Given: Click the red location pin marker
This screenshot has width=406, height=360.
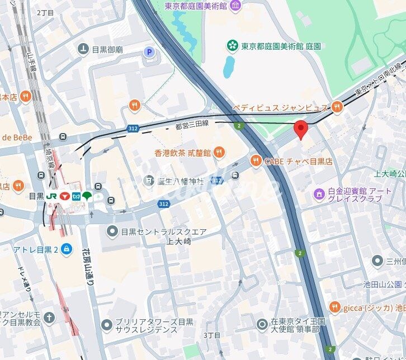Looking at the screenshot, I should click(301, 129).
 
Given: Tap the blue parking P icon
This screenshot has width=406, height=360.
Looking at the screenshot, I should click(149, 53).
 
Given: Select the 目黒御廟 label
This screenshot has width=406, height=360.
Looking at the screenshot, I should click(107, 49).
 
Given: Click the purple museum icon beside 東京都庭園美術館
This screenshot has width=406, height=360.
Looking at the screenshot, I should click(235, 6).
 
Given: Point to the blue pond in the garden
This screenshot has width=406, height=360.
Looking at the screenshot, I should click(229, 67).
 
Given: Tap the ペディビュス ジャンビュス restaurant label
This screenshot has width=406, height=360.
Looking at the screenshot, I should click(280, 107).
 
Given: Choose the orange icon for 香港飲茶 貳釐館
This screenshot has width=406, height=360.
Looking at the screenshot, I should click(219, 152).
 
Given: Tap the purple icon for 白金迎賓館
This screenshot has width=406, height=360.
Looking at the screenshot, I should click(319, 193).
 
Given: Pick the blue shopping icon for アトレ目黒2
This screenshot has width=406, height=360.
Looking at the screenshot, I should click(67, 249).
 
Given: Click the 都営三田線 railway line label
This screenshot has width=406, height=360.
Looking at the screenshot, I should click(192, 126).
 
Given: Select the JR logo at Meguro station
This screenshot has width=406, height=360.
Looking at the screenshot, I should click(51, 196).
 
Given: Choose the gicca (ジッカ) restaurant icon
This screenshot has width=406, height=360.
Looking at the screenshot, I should click(334, 307).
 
